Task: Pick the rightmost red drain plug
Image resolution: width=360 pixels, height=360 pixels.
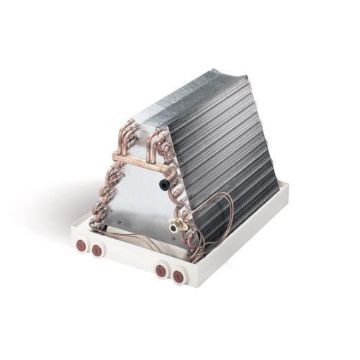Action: [x=177, y=274]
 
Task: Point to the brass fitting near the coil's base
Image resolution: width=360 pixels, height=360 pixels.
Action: [x=174, y=225]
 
